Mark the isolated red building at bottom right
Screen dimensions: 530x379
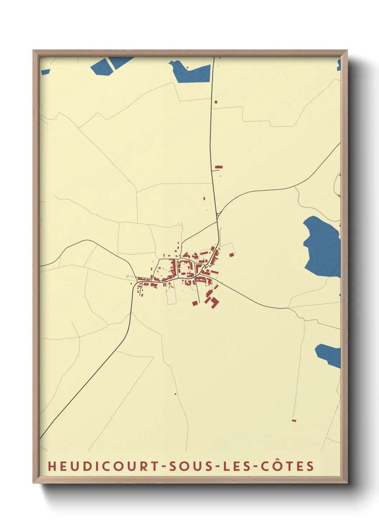294,420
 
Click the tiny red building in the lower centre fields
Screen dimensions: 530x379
176,394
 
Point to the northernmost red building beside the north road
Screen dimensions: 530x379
216,102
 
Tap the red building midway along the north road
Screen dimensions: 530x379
219,167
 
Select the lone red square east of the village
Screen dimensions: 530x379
231,255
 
